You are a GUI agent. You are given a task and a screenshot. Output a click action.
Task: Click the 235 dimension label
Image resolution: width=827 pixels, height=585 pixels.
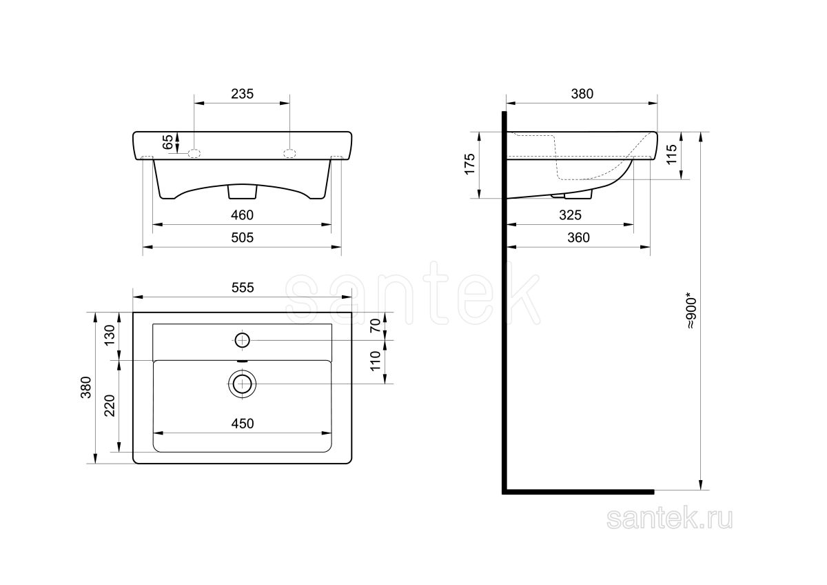click(242, 94)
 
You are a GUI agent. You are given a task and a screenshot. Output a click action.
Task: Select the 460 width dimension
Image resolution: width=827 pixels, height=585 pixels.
click(242, 215)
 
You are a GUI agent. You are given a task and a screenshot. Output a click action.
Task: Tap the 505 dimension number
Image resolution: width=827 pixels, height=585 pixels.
click(242, 237)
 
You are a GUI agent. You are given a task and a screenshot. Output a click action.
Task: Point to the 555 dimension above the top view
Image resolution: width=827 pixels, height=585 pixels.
click(243, 288)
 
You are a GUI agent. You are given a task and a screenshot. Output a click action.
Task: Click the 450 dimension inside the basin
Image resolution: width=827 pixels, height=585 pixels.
click(243, 424)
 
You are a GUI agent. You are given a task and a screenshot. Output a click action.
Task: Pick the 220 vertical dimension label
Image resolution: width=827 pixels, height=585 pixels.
click(110, 406)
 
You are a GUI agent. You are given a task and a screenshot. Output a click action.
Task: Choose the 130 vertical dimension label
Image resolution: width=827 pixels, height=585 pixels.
click(110, 335)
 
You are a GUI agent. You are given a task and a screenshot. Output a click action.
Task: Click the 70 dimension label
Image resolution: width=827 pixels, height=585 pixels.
click(375, 325)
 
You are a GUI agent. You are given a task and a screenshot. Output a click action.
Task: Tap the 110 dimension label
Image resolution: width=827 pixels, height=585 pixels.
click(375, 361)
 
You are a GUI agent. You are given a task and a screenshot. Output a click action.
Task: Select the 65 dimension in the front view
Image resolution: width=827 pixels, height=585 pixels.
click(167, 142)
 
